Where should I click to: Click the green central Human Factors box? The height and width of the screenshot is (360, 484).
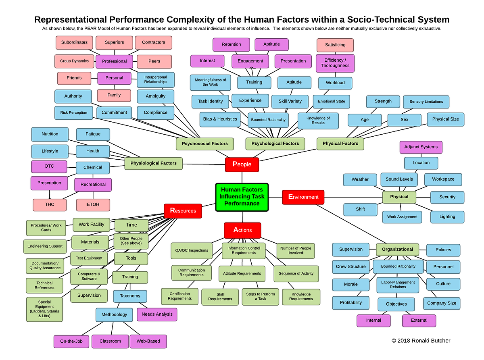[x=242, y=197]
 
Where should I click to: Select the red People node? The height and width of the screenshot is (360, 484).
[x=242, y=164]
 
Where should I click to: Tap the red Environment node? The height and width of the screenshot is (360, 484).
[x=303, y=197]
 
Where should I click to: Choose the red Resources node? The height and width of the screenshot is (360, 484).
[x=183, y=211]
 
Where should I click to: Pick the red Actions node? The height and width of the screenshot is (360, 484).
[x=242, y=230]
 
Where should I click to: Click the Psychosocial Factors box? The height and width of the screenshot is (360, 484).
[x=204, y=144]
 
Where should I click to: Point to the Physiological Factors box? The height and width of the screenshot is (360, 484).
[x=153, y=163]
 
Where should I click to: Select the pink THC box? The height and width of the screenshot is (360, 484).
[x=50, y=205]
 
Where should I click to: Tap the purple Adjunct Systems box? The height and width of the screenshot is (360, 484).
[x=421, y=147]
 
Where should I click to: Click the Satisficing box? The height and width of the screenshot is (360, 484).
[x=335, y=45]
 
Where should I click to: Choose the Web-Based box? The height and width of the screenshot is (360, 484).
[x=148, y=341]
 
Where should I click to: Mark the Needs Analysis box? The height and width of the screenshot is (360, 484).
[x=157, y=314]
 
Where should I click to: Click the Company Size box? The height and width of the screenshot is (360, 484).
[x=441, y=303]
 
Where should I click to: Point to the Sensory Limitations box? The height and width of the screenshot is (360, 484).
[x=426, y=102]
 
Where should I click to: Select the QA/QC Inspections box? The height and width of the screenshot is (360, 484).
[x=191, y=250]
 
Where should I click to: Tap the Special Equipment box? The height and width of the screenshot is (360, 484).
[x=44, y=309]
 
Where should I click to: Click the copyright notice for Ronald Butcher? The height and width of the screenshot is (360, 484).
[x=421, y=341]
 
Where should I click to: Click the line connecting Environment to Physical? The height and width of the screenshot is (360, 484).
[x=353, y=197]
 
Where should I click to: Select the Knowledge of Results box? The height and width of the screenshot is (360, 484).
[x=318, y=121]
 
